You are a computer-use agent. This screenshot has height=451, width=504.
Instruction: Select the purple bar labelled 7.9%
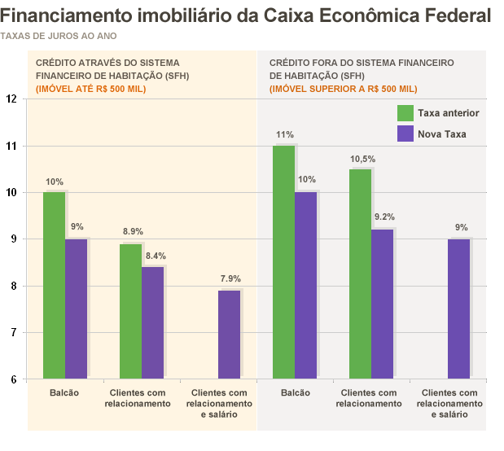click(229, 335)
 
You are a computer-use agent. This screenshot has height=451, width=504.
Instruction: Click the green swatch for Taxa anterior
click(405, 113)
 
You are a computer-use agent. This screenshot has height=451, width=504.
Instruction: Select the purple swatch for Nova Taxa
click(405, 134)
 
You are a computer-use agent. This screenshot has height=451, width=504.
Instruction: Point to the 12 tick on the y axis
click(11, 99)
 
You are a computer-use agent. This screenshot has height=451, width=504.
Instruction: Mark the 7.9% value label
click(230, 279)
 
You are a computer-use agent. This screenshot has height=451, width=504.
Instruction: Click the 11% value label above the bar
click(284, 134)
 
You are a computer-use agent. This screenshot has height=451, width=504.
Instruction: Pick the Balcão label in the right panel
click(295, 393)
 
